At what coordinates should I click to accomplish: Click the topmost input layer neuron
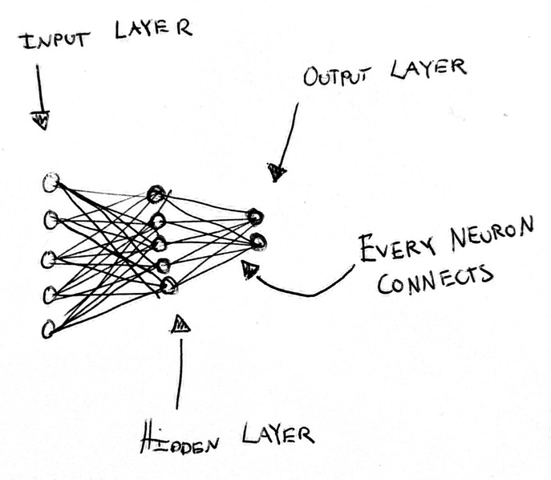(51, 182)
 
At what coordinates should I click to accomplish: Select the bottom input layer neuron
(48, 327)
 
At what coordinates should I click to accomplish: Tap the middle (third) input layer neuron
(48, 258)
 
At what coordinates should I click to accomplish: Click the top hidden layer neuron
(156, 193)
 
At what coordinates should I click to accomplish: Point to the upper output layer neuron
(254, 215)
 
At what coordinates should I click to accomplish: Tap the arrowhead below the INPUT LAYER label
(40, 121)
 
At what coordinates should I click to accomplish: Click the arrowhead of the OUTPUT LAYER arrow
(278, 171)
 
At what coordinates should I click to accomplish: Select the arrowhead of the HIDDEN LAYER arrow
(181, 323)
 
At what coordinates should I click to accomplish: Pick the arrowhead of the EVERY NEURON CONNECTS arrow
(250, 267)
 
